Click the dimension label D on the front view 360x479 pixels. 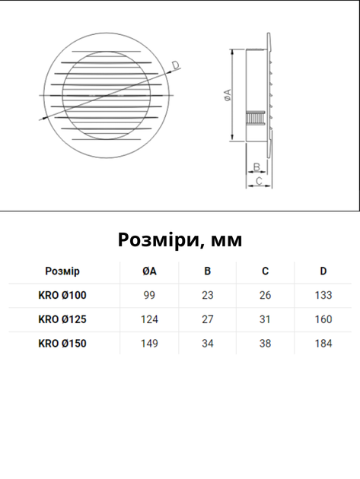tap(176, 65)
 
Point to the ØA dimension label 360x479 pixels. tap(228, 95)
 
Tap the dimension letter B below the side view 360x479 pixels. tap(257, 167)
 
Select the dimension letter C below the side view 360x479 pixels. tap(259, 181)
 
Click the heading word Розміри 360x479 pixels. tap(158, 240)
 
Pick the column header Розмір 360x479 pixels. tap(62, 271)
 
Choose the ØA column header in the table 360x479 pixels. tap(149, 271)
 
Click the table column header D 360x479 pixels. tap(323, 271)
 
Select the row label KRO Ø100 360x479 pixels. tap(62, 295)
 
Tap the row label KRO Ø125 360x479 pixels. tap(62, 319)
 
